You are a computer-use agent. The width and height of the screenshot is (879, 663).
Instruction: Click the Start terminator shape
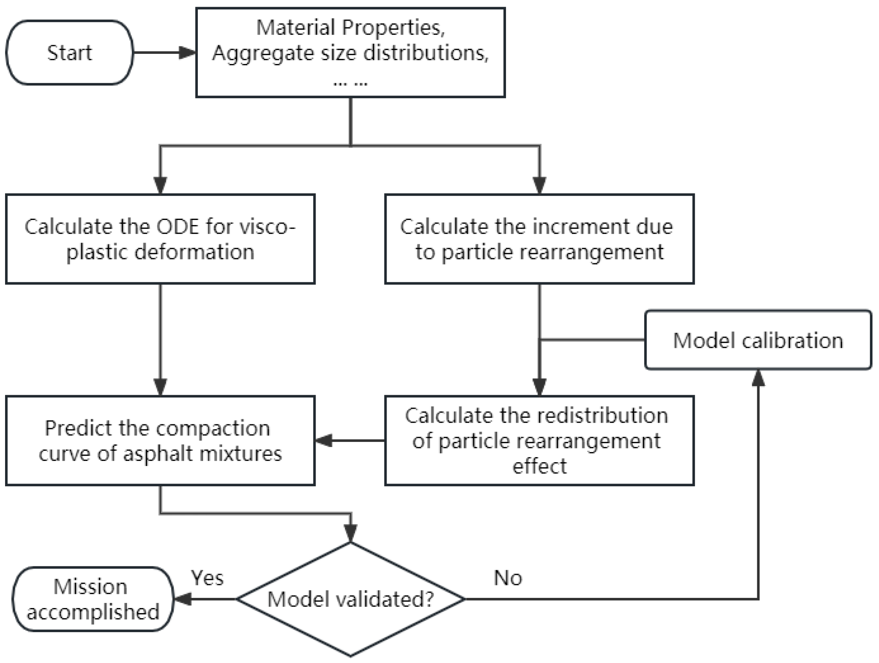[69, 52]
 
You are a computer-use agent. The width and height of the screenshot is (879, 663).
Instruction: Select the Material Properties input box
[350, 52]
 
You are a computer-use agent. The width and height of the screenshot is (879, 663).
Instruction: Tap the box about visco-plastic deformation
[160, 239]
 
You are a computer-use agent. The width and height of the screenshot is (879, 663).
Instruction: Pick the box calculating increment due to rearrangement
[539, 239]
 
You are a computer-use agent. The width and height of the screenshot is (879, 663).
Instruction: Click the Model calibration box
[758, 340]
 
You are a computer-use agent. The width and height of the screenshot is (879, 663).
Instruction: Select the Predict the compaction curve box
[160, 441]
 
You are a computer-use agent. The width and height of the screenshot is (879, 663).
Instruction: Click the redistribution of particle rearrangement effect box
[539, 441]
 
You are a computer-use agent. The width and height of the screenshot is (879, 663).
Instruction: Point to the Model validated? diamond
[350, 599]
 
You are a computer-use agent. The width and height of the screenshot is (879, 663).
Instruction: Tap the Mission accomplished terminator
[92, 599]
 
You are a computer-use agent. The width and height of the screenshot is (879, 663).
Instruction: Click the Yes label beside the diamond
[207, 578]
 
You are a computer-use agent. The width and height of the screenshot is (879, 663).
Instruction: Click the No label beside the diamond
[508, 578]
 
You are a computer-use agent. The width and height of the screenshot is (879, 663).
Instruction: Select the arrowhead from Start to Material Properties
[187, 52]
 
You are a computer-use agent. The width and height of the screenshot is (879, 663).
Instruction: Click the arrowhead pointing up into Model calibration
[758, 378]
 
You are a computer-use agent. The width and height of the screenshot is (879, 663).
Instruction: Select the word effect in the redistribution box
[539, 466]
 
